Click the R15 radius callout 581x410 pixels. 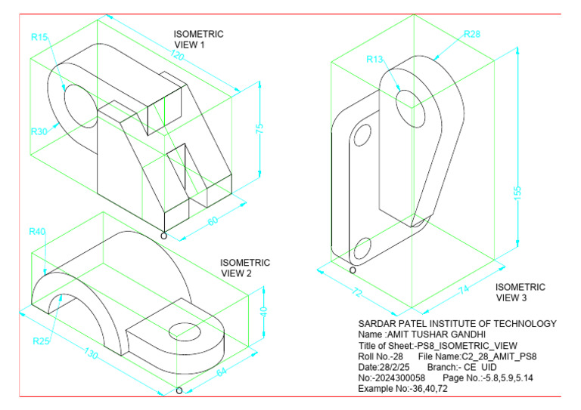[x=39, y=36]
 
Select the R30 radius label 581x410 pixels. [x=39, y=131]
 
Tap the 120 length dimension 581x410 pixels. [x=179, y=57]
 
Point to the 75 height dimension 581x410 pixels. [x=259, y=129]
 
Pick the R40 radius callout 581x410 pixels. [x=38, y=230]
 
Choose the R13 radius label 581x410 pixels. [x=376, y=60]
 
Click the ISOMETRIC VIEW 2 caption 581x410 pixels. [x=245, y=268]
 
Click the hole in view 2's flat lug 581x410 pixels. [x=184, y=329]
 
